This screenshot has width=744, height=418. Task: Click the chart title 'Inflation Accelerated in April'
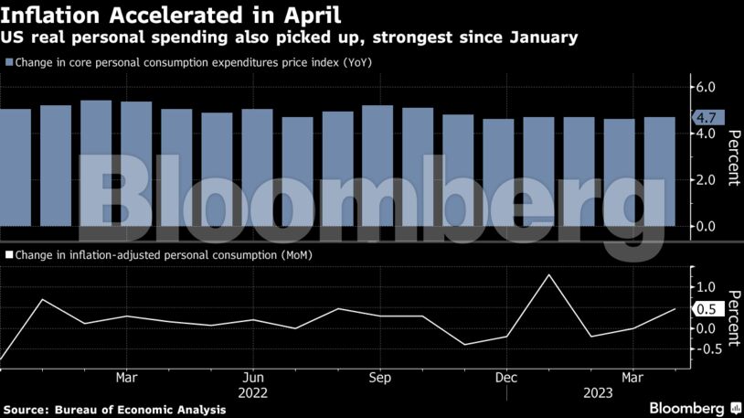coord(172,15)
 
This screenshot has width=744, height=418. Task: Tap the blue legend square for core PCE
coord(9,62)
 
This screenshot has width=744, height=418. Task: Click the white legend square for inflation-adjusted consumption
coord(9,255)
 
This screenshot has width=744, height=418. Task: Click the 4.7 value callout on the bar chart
coord(706,117)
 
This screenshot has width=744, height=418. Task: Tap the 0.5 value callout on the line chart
coord(706,309)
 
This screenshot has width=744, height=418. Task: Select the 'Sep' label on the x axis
coord(379,377)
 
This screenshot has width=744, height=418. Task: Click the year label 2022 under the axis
coord(253,392)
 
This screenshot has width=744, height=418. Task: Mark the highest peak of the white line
coord(548,274)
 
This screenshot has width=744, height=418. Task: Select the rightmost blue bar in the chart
coord(660,171)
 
